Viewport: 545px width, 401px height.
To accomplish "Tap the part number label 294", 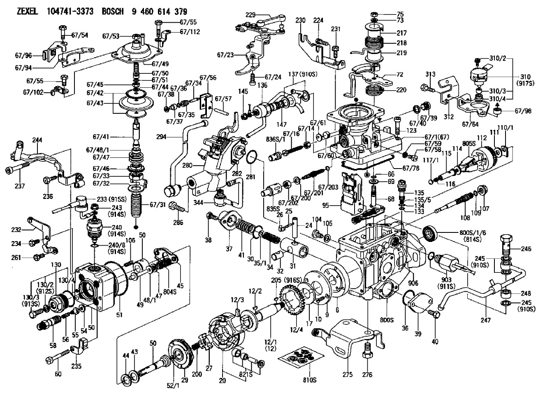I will click(162, 137).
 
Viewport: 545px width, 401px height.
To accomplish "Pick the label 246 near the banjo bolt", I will click(526, 249).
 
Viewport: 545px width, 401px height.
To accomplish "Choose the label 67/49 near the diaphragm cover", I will click(160, 64).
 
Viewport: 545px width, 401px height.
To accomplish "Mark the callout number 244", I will click(37, 140).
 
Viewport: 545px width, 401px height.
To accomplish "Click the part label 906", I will click(413, 283).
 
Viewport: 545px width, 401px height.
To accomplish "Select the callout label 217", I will click(402, 33).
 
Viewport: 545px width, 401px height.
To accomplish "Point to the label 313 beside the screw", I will click(430, 74).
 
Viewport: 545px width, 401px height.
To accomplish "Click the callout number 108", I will click(465, 217).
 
